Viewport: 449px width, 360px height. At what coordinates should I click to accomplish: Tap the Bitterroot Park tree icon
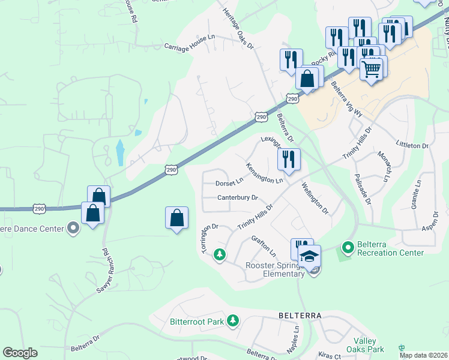(233, 322)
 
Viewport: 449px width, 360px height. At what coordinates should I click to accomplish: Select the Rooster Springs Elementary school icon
(310, 256)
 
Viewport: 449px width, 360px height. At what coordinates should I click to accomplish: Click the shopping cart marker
(372, 70)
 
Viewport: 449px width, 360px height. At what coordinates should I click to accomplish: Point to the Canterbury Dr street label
(237, 197)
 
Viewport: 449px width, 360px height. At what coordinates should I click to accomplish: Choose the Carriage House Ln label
(189, 41)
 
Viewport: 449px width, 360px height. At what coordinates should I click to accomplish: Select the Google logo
(20, 353)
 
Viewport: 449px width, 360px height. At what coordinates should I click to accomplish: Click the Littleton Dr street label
(412, 145)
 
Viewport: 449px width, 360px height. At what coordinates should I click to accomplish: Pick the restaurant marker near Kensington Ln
(289, 160)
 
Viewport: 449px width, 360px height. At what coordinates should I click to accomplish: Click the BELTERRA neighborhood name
(300, 316)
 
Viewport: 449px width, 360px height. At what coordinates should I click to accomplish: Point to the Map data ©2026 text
(424, 355)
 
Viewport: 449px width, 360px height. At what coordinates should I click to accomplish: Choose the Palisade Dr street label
(363, 189)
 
